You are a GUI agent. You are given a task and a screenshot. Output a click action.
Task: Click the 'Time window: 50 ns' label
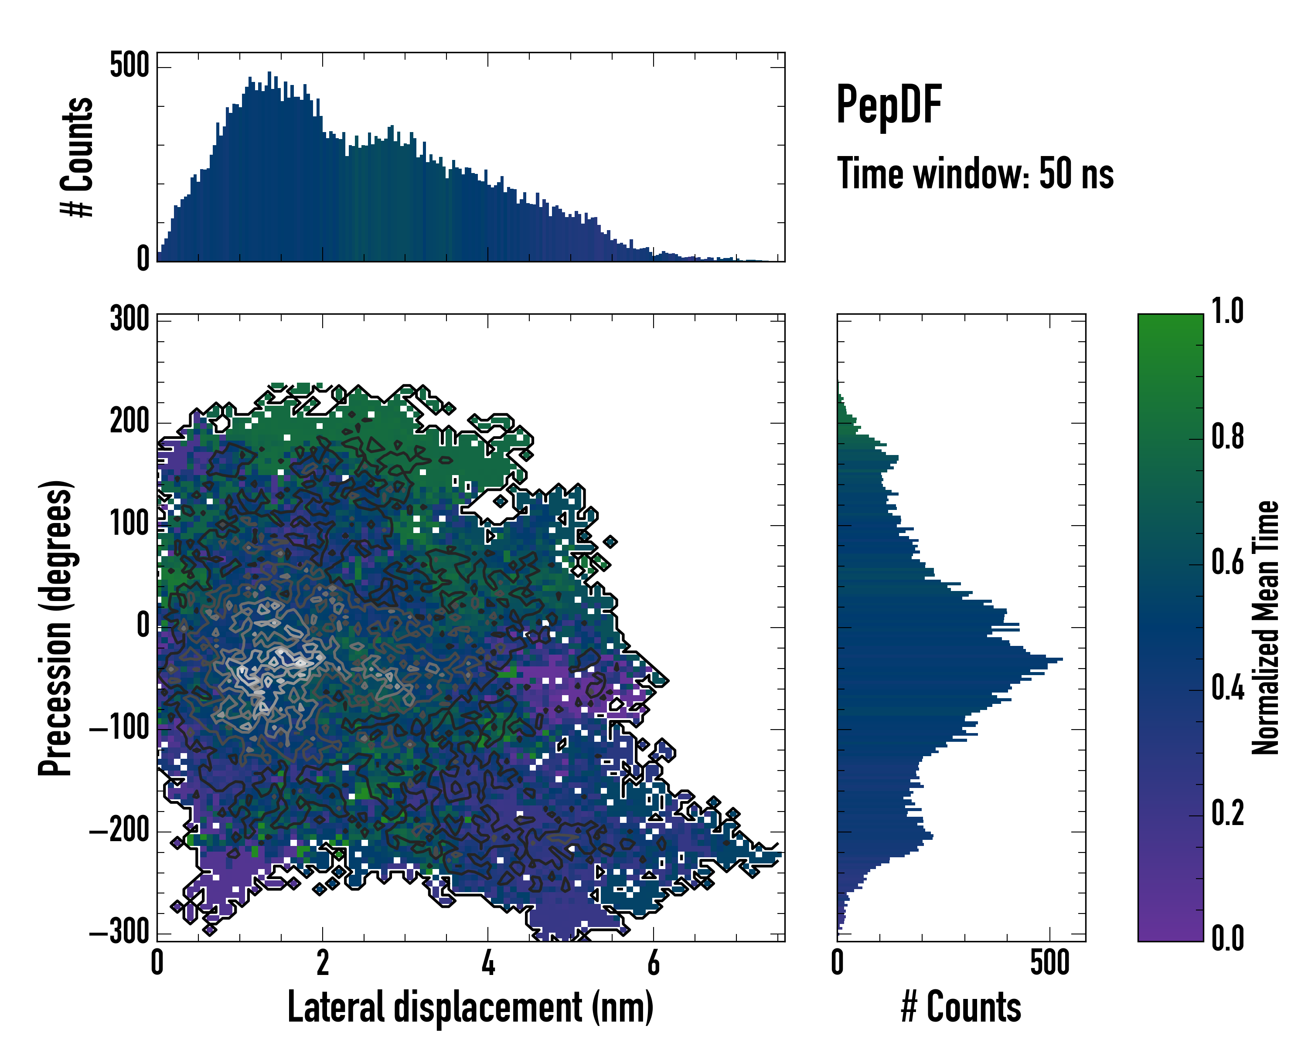point(975,174)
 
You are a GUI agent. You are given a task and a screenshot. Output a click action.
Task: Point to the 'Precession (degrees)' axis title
point(56,628)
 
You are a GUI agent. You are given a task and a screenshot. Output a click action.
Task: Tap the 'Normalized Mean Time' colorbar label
point(1266,628)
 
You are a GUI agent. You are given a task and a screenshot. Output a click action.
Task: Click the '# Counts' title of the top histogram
point(77,156)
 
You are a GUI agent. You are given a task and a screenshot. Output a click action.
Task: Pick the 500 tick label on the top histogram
point(129,65)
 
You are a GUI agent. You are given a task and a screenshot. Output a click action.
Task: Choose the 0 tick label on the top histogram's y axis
point(143,259)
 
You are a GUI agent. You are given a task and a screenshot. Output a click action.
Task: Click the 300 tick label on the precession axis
point(129,319)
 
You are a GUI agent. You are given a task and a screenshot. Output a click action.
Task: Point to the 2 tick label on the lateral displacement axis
point(323,963)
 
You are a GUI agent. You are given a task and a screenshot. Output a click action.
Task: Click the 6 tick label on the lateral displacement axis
point(654,963)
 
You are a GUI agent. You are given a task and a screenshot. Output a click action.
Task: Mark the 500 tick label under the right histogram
point(1049,963)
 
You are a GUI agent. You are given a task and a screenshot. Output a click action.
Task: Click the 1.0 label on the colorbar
point(1227,312)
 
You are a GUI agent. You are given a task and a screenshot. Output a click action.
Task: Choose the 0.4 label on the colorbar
point(1227,689)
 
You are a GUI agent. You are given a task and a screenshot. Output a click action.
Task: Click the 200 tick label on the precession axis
point(129,421)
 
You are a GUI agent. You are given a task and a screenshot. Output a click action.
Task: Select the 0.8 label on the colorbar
point(1227,437)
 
